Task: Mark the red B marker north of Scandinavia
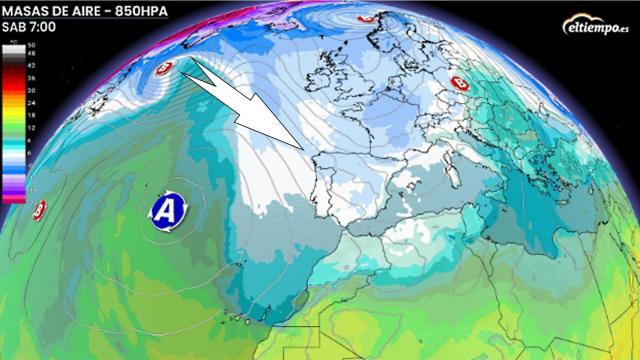click(366, 18)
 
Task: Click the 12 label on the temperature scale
click(30, 126)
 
